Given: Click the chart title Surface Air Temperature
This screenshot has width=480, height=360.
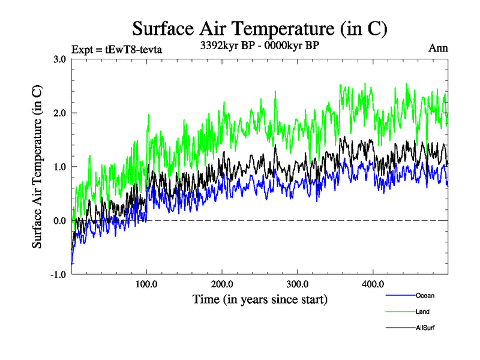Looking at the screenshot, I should pyautogui.click(x=259, y=28).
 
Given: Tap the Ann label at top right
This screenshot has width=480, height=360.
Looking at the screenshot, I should pyautogui.click(x=438, y=47).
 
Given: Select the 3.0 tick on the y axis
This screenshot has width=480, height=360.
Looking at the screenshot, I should pyautogui.click(x=60, y=59).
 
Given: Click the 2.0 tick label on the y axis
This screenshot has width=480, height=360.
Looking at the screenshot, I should pyautogui.click(x=60, y=113).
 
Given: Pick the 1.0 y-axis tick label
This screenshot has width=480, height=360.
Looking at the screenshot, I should pyautogui.click(x=60, y=167).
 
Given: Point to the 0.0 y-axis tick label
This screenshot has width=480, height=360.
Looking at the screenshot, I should pyautogui.click(x=60, y=221).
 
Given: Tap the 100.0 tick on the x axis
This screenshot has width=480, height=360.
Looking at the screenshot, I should pyautogui.click(x=147, y=284).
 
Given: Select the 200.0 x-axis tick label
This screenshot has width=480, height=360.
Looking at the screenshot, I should pyautogui.click(x=222, y=284).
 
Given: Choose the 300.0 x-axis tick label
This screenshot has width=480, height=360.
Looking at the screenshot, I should pyautogui.click(x=298, y=284).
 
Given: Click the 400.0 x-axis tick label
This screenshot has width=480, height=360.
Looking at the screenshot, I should pyautogui.click(x=373, y=284).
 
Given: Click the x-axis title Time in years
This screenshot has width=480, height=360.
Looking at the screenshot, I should pyautogui.click(x=260, y=298).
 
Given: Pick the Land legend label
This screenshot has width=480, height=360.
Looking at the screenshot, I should pyautogui.click(x=422, y=311).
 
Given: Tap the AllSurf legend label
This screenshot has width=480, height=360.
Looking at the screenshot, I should pyautogui.click(x=424, y=328).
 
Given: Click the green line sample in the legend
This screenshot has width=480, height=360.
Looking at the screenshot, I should pyautogui.click(x=400, y=311).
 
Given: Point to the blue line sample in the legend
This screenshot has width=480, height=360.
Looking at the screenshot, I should pyautogui.click(x=400, y=295).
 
